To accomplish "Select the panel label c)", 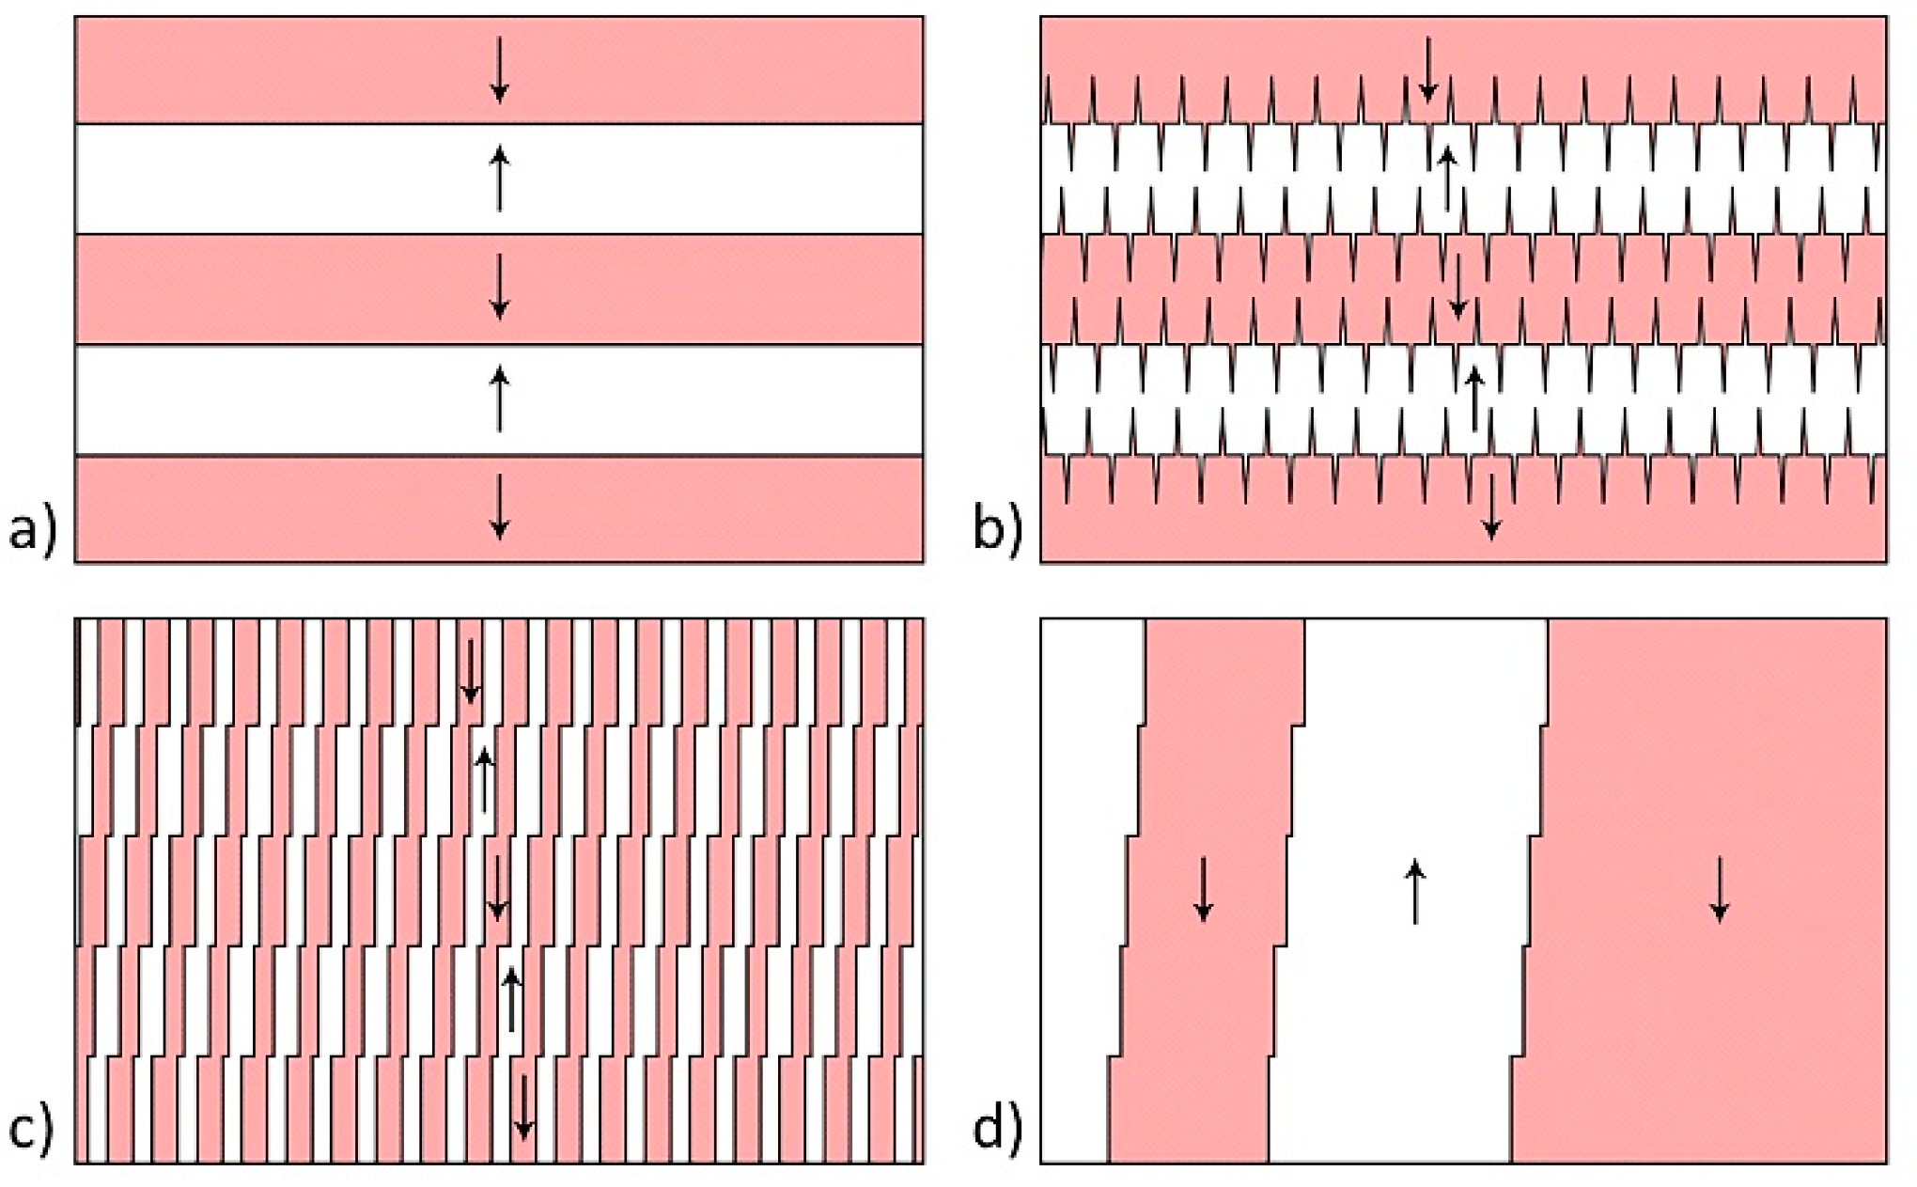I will pos(33,1129).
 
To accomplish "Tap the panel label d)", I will pos(997,1129).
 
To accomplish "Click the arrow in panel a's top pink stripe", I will pos(500,70).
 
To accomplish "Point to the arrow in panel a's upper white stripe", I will pos(500,178).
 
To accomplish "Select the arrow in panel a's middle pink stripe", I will pos(500,287).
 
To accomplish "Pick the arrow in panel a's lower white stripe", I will pos(500,398).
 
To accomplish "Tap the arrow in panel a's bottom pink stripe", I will pos(500,507).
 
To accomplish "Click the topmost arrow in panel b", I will pos(1428,70).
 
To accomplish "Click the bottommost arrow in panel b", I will pos(1491,507).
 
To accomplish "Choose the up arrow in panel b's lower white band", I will pos(1474,398).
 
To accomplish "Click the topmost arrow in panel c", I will pos(470,671).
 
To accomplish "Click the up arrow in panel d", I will pos(1415,893).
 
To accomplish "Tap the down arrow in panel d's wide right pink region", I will pos(1720,888).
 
